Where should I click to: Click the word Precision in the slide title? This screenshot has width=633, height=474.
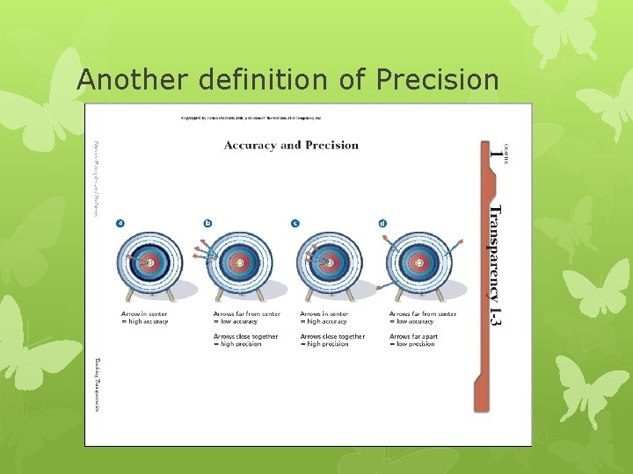[x=437, y=80]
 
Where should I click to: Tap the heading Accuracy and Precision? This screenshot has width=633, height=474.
[x=291, y=145]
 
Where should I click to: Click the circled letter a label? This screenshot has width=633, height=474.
[x=120, y=223]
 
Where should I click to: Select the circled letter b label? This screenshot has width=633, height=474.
[x=208, y=223]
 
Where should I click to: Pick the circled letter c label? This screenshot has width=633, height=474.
[x=295, y=223]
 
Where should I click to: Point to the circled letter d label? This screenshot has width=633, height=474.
[x=382, y=223]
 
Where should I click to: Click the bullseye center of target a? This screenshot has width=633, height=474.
[x=149, y=262]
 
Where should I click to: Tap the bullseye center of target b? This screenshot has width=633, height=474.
[x=239, y=262]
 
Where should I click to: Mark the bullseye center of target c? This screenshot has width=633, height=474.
[x=329, y=262]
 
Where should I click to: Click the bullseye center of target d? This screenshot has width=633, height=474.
[x=418, y=262]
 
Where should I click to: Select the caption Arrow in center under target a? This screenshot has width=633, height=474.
[x=144, y=313]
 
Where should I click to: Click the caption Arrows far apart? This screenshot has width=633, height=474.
[x=413, y=336]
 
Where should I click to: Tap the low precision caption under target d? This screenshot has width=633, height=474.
[x=413, y=344]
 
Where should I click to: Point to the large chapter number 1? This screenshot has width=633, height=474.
[x=498, y=156]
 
